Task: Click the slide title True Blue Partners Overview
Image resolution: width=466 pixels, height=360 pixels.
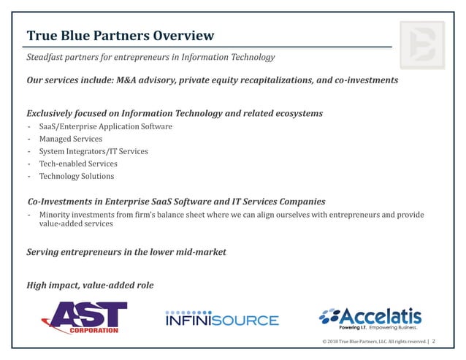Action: (x=121, y=36)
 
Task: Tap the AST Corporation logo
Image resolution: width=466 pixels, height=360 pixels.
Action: (x=84, y=318)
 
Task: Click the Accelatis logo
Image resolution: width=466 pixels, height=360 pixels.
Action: (x=370, y=318)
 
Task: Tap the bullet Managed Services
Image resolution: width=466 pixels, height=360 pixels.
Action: (x=71, y=139)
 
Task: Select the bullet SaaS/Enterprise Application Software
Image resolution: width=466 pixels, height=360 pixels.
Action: (x=106, y=126)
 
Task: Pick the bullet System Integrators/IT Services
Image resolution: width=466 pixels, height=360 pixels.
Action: (x=93, y=151)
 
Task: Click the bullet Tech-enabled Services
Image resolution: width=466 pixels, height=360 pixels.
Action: (x=78, y=164)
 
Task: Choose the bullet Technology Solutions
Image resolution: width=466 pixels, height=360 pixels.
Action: (x=77, y=176)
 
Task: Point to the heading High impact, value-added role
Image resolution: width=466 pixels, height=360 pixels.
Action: (x=90, y=285)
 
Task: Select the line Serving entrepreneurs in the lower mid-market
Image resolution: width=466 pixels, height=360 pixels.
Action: (x=126, y=252)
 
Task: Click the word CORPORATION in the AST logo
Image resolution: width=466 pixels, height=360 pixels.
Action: (x=93, y=330)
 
